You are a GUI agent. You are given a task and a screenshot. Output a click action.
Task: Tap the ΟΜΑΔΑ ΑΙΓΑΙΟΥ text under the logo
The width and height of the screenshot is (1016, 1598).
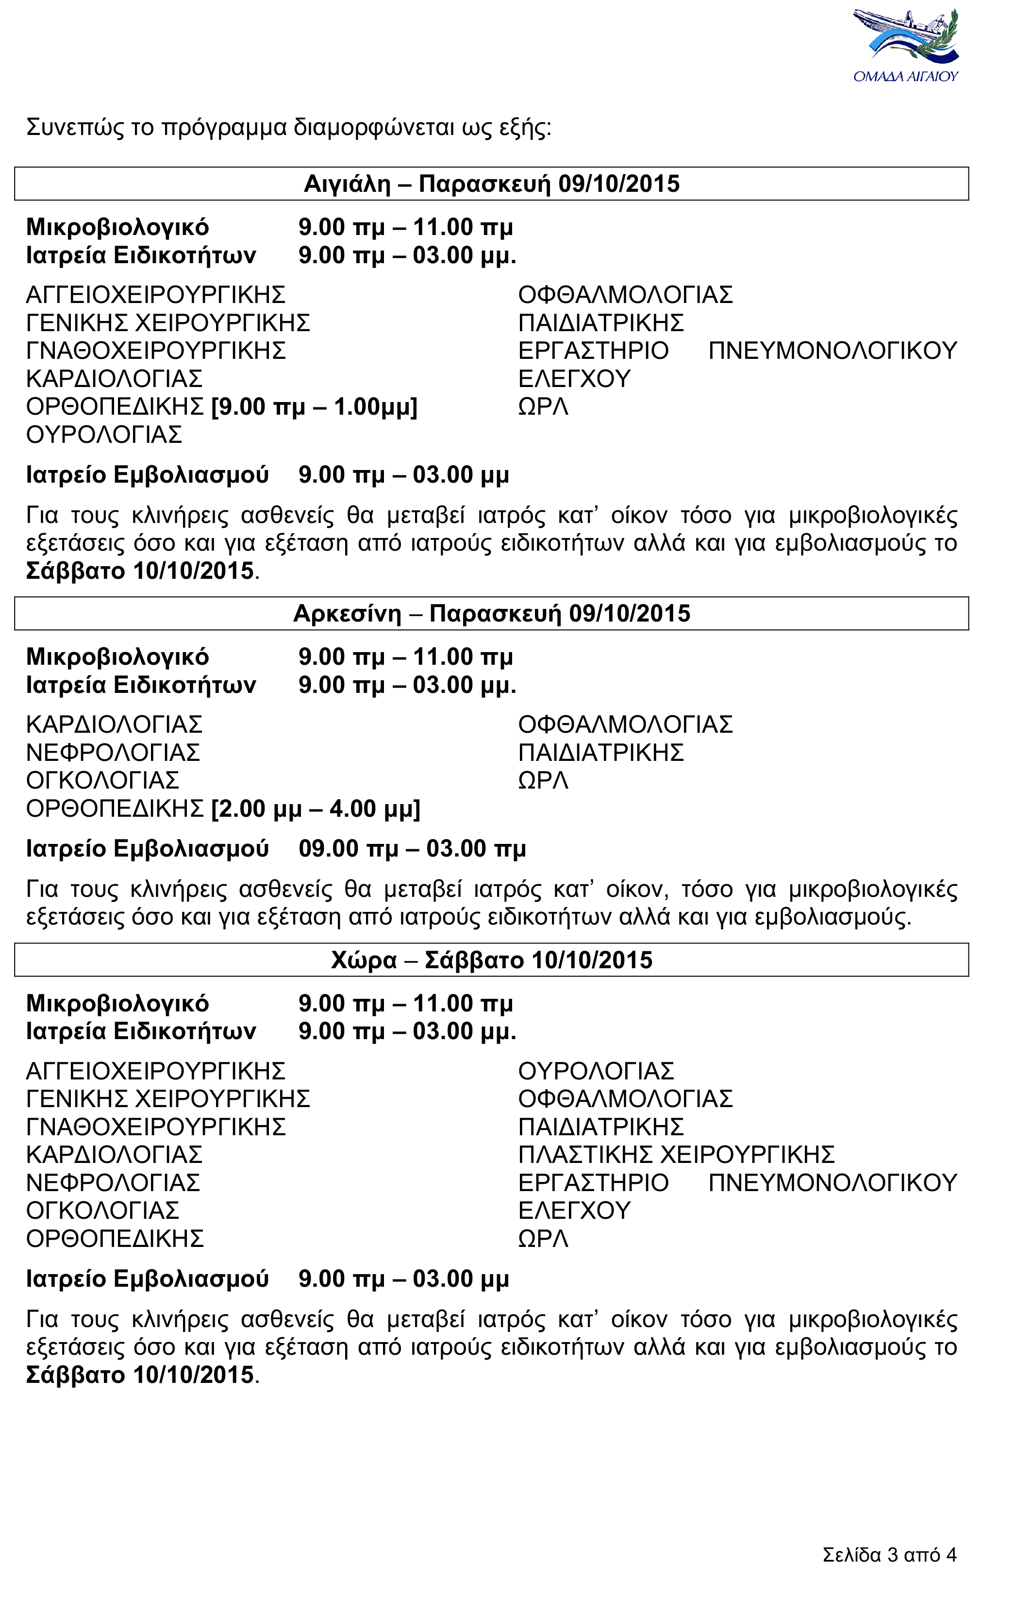tap(906, 76)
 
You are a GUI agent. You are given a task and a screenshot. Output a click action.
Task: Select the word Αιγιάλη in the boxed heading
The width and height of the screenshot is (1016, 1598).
tap(347, 184)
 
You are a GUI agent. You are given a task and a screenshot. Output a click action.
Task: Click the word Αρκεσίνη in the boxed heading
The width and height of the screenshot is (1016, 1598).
tap(347, 614)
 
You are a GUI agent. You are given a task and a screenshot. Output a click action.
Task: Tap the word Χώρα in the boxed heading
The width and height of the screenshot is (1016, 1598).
tap(364, 960)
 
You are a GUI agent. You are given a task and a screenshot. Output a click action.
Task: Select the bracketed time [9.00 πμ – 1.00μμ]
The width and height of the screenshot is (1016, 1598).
tap(314, 406)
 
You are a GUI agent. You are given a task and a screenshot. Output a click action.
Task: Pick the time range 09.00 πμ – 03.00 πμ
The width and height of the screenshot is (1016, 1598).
tap(412, 849)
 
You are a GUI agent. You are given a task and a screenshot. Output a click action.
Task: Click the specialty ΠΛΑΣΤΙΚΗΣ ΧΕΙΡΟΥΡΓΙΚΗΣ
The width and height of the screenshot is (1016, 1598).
tap(676, 1155)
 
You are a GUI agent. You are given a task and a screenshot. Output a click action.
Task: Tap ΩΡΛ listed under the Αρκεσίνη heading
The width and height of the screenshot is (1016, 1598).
tap(543, 780)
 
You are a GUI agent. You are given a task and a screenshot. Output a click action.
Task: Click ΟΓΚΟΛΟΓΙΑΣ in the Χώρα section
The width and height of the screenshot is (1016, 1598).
tap(103, 1211)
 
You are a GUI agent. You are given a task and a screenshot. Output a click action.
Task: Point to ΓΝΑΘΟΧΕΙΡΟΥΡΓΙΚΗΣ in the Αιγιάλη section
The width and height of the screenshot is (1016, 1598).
tap(156, 351)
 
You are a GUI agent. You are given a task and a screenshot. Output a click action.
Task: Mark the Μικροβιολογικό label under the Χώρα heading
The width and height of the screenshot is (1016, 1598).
tap(117, 1003)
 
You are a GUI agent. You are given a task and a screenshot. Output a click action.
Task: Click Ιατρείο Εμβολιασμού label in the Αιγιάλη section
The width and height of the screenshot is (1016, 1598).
tap(147, 475)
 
